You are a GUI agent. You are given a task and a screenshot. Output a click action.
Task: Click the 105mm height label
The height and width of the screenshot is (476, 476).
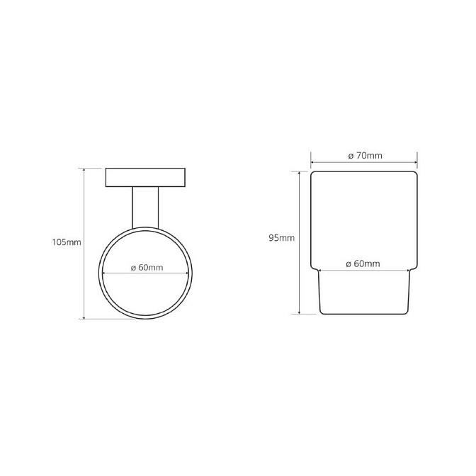pyautogui.click(x=67, y=242)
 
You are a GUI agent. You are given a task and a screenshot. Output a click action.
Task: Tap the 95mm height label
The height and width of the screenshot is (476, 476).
pyautogui.click(x=281, y=238)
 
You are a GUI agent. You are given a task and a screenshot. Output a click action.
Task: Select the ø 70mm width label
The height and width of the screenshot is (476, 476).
pyautogui.click(x=365, y=156)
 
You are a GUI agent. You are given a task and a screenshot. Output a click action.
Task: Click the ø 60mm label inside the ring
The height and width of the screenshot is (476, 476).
pyautogui.click(x=147, y=268)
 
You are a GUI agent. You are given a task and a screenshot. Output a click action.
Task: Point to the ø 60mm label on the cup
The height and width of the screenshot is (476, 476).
pyautogui.click(x=363, y=263)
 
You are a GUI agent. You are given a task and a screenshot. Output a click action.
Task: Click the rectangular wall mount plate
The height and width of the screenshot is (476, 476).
pyautogui.click(x=145, y=177)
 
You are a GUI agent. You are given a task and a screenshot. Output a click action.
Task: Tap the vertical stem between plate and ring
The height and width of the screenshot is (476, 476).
pyautogui.click(x=145, y=208)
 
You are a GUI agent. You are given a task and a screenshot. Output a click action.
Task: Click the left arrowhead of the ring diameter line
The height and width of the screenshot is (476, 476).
pyautogui.click(x=104, y=273)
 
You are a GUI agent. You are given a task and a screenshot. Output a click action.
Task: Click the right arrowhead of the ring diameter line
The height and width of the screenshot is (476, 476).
pyautogui.click(x=187, y=273)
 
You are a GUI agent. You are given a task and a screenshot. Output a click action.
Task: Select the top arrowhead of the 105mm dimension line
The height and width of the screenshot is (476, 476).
pyautogui.click(x=84, y=170)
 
